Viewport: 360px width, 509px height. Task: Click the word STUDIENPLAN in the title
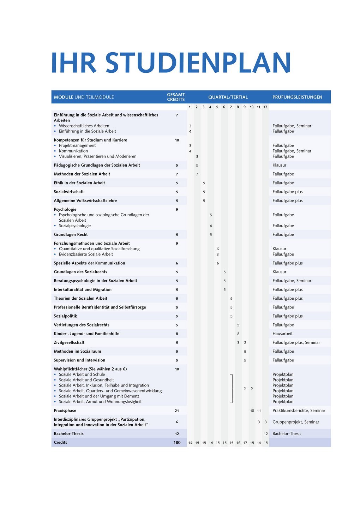[198, 63]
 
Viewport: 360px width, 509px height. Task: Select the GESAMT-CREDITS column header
[176, 97]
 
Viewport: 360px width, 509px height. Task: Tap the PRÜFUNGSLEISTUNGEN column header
[297, 97]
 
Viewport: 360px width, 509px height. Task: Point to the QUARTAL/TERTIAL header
[228, 97]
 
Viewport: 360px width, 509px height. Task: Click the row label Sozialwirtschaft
[69, 192]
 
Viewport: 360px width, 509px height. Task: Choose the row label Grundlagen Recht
[71, 234]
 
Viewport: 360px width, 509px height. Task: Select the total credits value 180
[177, 443]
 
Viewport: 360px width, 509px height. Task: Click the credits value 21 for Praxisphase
[177, 411]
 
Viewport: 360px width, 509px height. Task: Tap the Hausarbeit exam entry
[282, 334]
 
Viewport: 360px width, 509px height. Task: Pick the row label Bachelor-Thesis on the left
[69, 433]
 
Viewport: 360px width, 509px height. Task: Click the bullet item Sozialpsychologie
[75, 226]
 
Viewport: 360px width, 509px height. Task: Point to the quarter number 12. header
[266, 107]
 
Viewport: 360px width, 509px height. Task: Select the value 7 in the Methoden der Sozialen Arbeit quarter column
[197, 174]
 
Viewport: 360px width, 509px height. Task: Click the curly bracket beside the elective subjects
[232, 388]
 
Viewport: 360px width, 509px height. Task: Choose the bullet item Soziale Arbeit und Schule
[82, 375]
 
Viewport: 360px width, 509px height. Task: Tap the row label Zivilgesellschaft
[69, 342]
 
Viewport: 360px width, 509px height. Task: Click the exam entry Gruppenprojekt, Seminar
[296, 422]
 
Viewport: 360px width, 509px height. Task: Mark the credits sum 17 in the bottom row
[245, 443]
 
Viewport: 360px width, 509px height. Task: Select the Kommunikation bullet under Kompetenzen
[73, 151]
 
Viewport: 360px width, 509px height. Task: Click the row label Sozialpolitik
[65, 316]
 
